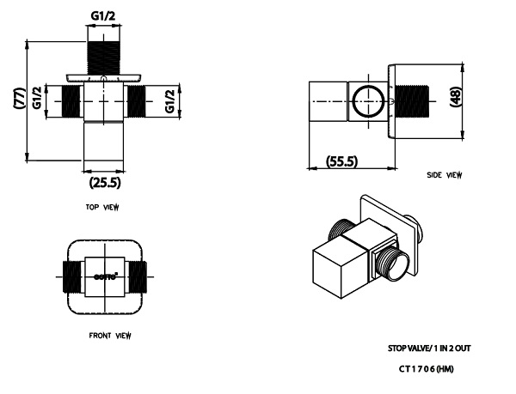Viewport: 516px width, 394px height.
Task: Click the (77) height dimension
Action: pyautogui.click(x=19, y=99)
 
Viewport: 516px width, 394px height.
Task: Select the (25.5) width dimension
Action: pyautogui.click(x=104, y=182)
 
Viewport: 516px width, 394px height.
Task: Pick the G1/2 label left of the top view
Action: pyautogui.click(x=38, y=99)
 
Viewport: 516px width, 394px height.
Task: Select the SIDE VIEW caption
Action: pyautogui.click(x=444, y=175)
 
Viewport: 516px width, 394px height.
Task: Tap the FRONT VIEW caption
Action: pyautogui.click(x=109, y=335)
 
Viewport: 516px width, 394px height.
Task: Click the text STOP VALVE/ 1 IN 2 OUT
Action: pyautogui.click(x=428, y=349)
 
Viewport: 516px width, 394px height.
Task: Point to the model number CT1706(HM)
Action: pyautogui.click(x=427, y=369)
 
